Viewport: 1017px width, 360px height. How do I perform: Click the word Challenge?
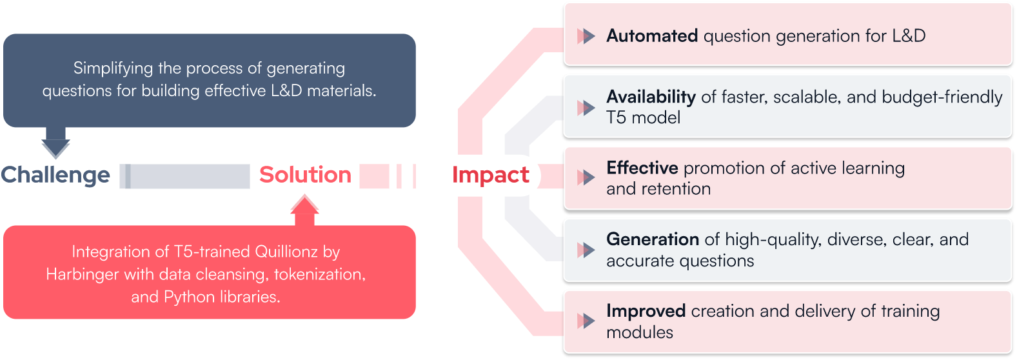pos(55,175)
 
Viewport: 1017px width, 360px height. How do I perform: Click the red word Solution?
pos(305,175)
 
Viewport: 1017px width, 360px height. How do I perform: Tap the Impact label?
pos(491,175)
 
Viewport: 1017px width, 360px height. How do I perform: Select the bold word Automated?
pos(652,36)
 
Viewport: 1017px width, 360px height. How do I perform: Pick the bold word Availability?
pos(651,97)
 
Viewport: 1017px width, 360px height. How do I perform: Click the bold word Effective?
pos(642,168)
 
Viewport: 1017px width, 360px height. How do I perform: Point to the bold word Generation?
pos(653,239)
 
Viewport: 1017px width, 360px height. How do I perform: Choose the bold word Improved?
pos(646,311)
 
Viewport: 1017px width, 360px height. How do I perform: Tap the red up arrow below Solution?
pos(304,210)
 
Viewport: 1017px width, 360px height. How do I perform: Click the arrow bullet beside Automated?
pos(586,36)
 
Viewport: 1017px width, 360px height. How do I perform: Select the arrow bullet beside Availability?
pos(586,107)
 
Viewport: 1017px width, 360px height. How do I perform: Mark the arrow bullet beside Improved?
pos(586,321)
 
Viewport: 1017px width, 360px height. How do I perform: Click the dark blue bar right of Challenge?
pos(184,176)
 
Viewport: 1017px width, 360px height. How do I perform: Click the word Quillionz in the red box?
pos(286,252)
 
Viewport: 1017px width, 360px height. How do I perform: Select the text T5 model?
pos(643,117)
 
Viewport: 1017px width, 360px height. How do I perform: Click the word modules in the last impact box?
pos(639,332)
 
